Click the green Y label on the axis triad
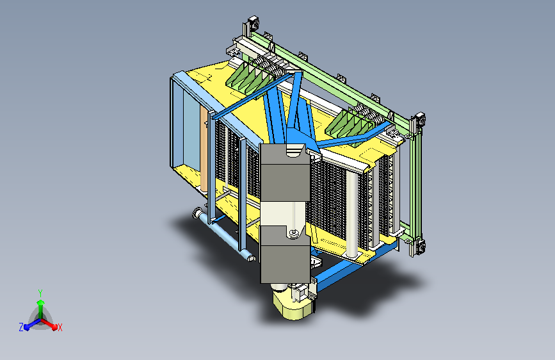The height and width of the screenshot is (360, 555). (x=40, y=293)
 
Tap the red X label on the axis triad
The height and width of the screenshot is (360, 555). (x=60, y=328)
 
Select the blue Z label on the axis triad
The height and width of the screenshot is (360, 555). (x=21, y=327)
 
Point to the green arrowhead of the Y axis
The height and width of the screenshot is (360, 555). (x=41, y=302)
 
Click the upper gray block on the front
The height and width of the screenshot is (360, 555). (x=286, y=172)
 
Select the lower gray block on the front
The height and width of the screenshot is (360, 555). (x=286, y=255)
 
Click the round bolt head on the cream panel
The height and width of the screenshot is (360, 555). (x=293, y=233)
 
